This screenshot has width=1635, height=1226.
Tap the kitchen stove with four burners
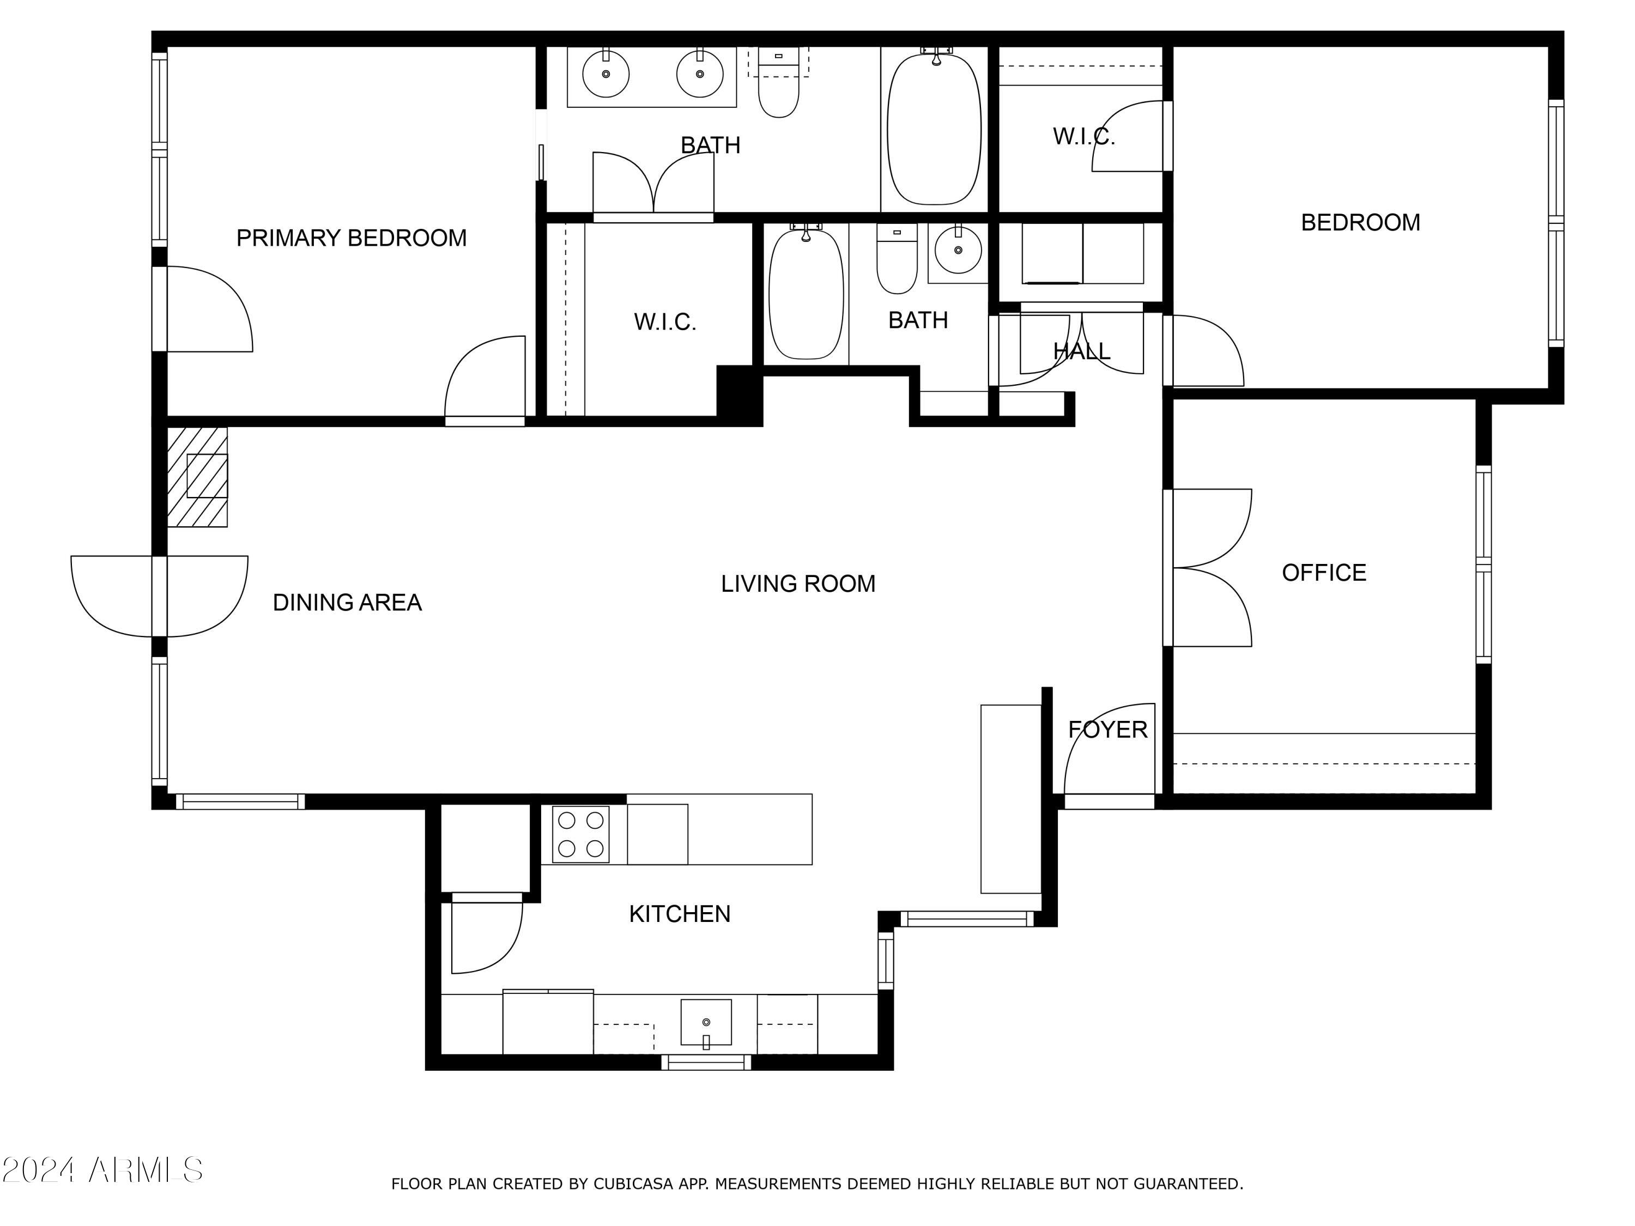(x=580, y=834)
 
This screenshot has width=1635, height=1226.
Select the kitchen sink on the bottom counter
(x=706, y=1023)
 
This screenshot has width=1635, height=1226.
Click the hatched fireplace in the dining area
(x=197, y=477)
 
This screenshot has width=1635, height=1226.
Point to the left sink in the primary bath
(x=605, y=74)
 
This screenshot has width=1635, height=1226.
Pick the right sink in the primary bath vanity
(x=699, y=74)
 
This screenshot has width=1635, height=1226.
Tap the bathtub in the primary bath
(x=934, y=129)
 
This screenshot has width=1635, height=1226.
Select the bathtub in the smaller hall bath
(x=806, y=294)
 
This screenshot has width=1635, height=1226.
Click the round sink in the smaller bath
(x=958, y=250)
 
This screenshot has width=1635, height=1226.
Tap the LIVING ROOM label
(x=797, y=584)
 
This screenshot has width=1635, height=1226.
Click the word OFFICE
(x=1323, y=573)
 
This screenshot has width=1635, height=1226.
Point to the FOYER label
(x=1107, y=730)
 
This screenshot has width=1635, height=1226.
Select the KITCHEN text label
(x=679, y=914)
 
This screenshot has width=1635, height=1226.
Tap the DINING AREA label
(x=347, y=602)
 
